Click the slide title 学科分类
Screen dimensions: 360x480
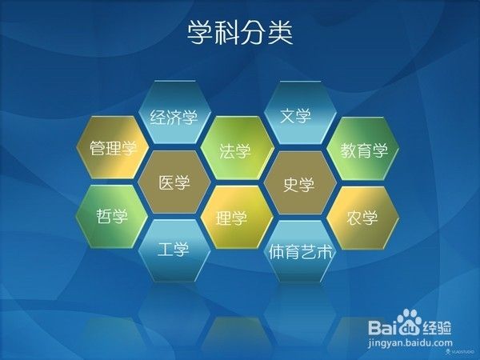(240, 33)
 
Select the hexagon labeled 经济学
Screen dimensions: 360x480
(174, 116)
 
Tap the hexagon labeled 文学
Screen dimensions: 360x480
(295, 115)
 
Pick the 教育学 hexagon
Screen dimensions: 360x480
(364, 150)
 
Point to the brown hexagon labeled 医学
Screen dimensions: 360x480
(174, 183)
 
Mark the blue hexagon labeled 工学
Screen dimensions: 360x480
(174, 250)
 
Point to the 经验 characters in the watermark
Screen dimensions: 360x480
(438, 327)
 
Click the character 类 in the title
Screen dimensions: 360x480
(281, 33)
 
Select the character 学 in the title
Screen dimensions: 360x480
(200, 33)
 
